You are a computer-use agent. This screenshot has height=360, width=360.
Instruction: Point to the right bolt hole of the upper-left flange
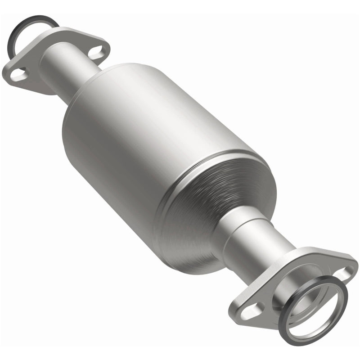pos(95,51)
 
